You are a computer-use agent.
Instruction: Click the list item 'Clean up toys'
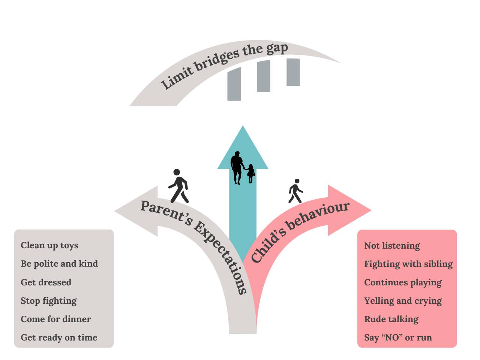point(49,245)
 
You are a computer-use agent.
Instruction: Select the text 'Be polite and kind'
point(59,264)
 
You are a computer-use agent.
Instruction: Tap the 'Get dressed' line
point(46,282)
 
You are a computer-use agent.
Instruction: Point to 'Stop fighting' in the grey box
point(49,301)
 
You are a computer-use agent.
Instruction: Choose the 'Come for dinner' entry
point(56,319)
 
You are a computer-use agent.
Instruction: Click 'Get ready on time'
point(59,337)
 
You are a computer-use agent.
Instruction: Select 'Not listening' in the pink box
point(392,246)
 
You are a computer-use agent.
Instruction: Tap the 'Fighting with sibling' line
point(408,264)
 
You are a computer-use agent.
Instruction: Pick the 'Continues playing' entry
point(403,282)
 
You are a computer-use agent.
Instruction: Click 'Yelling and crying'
point(403,301)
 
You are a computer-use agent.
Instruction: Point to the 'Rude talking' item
point(391,319)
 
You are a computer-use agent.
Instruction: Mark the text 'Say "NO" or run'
point(398,337)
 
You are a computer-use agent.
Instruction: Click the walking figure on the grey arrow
point(178,186)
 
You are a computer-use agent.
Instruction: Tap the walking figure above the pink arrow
point(295,191)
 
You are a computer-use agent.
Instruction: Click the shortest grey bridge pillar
point(293,72)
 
